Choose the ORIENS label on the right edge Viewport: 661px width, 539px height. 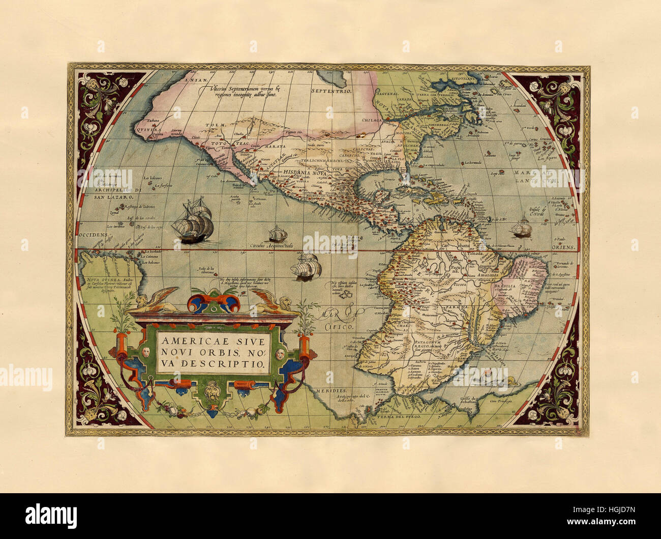tap(564, 247)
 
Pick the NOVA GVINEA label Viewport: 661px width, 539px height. tap(100, 279)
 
